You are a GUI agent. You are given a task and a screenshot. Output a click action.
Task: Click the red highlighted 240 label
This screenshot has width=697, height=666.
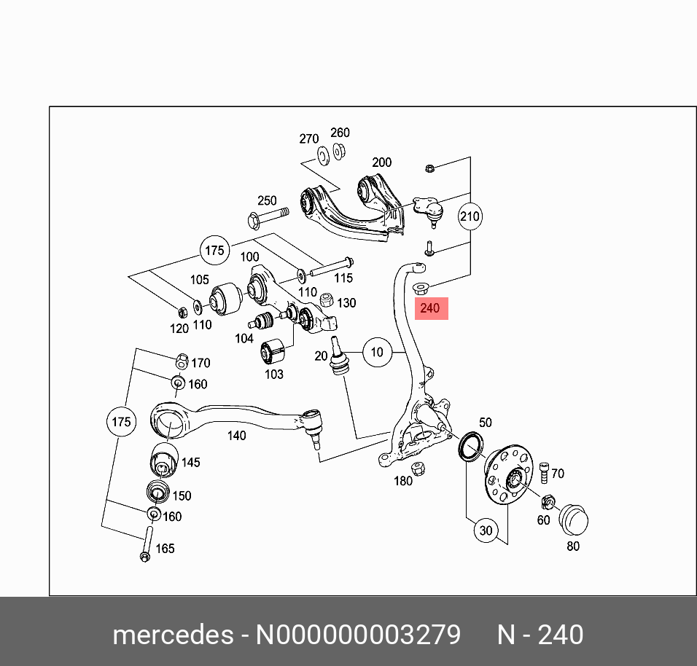430,308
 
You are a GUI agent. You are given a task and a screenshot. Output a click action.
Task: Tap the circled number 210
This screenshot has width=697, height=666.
470,216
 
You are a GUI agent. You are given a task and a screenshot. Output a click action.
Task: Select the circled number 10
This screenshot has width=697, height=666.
376,353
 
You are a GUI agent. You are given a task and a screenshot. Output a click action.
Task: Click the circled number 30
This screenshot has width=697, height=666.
486,531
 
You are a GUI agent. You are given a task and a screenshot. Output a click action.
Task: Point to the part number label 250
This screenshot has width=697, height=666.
267,200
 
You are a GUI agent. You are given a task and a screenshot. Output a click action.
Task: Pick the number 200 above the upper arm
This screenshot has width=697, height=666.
381,162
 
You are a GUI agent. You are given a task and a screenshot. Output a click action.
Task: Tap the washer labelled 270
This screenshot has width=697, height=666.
322,154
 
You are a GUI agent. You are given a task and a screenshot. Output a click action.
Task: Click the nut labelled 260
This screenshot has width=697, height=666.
339,151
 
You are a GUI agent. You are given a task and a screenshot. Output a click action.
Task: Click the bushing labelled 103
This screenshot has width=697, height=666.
274,351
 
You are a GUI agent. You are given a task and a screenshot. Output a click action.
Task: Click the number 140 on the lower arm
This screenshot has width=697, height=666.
236,436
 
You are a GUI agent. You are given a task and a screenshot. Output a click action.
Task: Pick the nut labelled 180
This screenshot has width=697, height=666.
418,468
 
